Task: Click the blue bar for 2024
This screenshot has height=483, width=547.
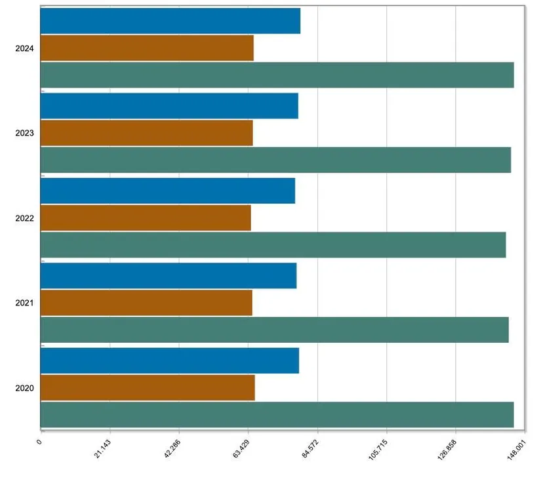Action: click(x=171, y=21)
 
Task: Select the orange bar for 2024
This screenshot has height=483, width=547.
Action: click(x=147, y=48)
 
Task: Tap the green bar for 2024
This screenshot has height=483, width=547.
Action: click(x=277, y=75)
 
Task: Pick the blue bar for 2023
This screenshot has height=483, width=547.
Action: click(x=169, y=106)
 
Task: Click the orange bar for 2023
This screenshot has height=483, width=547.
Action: click(x=147, y=133)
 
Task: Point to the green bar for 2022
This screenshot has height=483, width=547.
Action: click(x=273, y=245)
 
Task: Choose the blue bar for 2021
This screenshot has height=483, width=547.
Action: click(x=169, y=276)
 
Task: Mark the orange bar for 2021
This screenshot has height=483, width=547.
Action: click(x=146, y=303)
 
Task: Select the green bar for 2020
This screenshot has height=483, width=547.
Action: click(x=277, y=415)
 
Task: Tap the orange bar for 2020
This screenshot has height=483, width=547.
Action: click(x=148, y=387)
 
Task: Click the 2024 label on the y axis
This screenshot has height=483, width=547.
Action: click(x=24, y=48)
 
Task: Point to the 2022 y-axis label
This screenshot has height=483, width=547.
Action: click(x=24, y=218)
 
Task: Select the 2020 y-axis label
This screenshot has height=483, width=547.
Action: click(x=24, y=388)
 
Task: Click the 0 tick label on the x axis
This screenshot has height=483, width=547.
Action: click(x=39, y=442)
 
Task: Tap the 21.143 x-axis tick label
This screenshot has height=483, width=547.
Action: click(x=102, y=448)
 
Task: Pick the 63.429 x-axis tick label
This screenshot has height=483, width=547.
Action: click(x=241, y=448)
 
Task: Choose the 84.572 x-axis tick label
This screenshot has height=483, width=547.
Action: click(x=310, y=448)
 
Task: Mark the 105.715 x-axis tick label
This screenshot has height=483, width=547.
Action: click(x=378, y=450)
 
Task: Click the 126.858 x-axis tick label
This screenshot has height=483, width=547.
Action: click(x=447, y=450)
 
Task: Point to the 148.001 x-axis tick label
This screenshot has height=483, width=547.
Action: click(x=516, y=450)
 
